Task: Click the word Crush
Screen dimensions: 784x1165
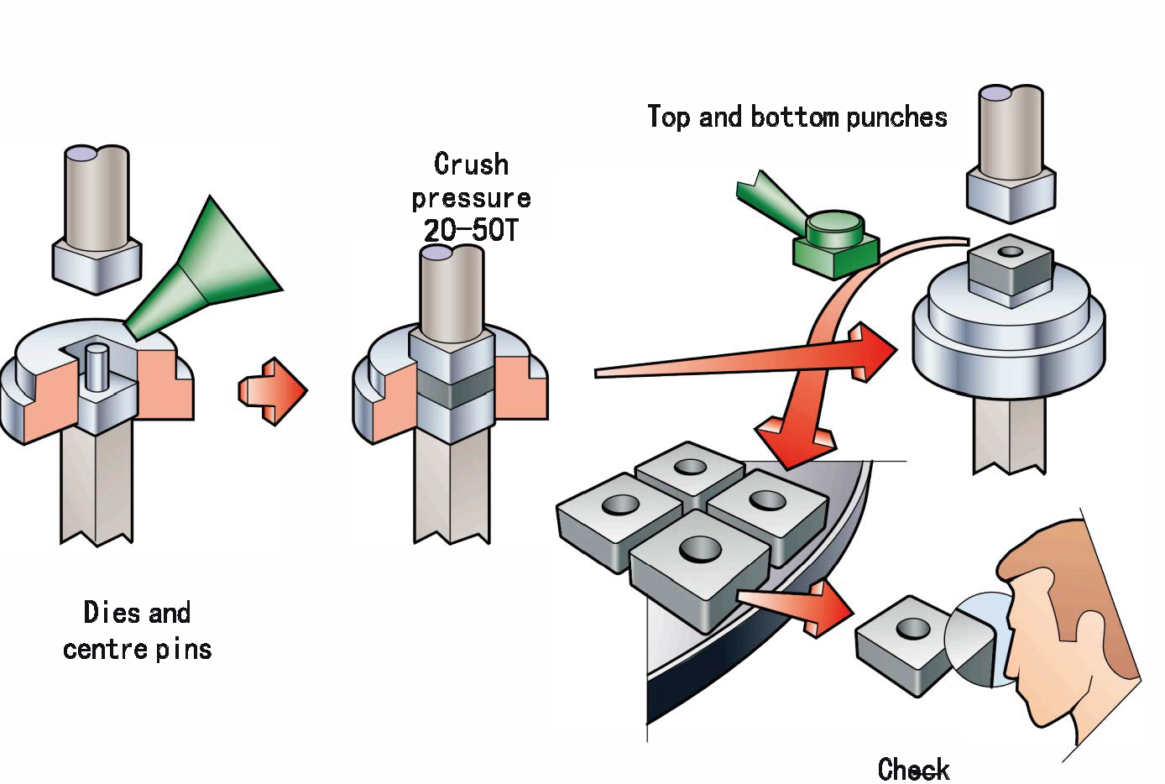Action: point(471,164)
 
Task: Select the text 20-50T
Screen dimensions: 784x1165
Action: point(471,230)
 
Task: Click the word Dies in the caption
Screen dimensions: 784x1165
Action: point(112,613)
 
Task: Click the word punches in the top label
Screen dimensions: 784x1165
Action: point(896,117)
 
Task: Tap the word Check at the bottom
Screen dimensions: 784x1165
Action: point(914,769)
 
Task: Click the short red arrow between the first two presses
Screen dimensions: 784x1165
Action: point(274,391)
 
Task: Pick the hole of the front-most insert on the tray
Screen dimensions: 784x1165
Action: point(700,551)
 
